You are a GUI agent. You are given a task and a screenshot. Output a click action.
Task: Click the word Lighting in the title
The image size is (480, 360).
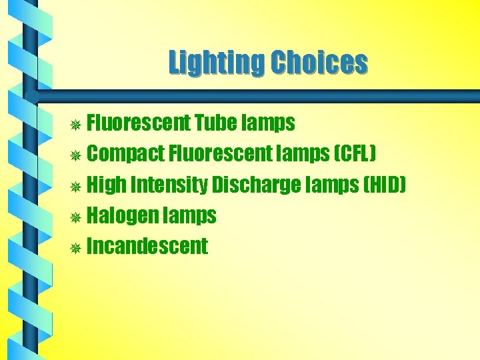tap(217, 63)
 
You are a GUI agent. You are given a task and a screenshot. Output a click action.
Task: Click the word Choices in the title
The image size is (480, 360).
tap(319, 63)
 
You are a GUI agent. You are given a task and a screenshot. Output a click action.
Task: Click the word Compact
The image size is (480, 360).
tap(126, 155)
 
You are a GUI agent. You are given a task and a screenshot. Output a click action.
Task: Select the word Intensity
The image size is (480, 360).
tap(168, 185)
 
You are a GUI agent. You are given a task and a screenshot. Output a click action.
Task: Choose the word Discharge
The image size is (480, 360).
tap(256, 185)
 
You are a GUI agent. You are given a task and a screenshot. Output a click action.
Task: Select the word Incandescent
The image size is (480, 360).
tap(147, 247)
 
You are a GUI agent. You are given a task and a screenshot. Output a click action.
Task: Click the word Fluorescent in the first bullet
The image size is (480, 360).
tap(139, 123)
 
